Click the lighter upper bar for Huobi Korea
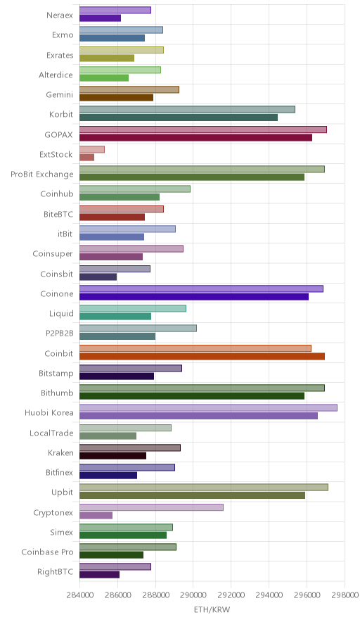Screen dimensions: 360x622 point(208,408)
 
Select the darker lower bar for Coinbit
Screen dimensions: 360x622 point(202,356)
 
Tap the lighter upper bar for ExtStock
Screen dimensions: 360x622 point(92,149)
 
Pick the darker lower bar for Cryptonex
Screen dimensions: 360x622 point(96,515)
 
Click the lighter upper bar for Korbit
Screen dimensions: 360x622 point(187,110)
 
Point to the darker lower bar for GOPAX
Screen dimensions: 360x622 point(196,138)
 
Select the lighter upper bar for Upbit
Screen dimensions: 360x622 point(204,487)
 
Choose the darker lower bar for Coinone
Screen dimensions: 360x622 point(194,297)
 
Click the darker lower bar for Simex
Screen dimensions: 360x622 point(123,535)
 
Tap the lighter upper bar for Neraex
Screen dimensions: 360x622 point(115,10)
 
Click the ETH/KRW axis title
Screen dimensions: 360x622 point(212,609)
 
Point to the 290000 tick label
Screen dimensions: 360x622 point(193,595)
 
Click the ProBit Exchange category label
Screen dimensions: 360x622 point(42,174)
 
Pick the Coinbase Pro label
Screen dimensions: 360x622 point(48,552)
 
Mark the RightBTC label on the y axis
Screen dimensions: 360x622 point(55,571)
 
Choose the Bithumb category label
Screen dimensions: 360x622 point(57,393)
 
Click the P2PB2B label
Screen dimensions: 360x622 point(60,334)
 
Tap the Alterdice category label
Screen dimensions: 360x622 point(56,75)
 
